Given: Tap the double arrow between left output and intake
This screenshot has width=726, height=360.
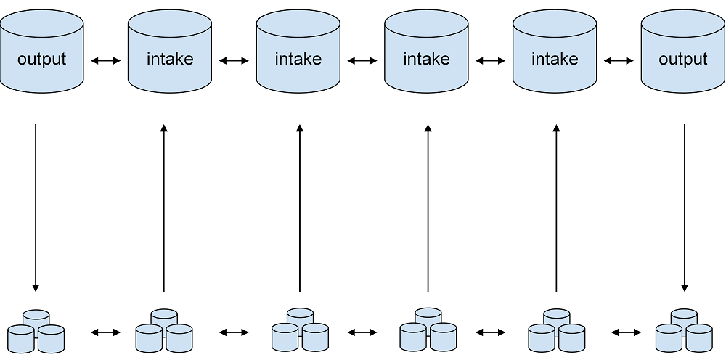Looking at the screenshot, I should coord(106,62).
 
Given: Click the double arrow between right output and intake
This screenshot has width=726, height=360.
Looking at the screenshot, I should coord(619,62).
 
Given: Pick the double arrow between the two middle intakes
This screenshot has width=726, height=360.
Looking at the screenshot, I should coord(362,62).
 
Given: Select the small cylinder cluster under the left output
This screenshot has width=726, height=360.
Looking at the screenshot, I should coord(36,332).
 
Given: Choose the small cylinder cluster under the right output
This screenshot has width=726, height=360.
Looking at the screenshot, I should coord(684,332).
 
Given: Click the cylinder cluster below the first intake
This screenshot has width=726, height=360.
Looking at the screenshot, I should coord(164,332).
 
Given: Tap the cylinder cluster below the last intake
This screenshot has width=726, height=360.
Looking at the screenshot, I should coord(557,332).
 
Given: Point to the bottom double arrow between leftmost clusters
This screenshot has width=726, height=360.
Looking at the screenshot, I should coord(106,332).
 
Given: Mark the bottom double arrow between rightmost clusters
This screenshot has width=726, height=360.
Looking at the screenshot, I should coord(626,332).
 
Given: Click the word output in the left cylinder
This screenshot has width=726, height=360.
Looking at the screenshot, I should coord(42,59).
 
